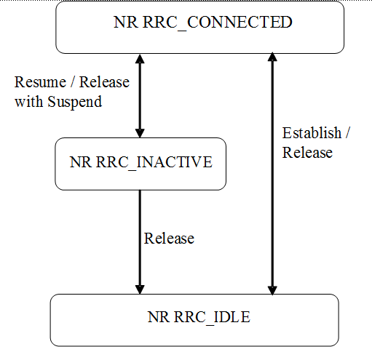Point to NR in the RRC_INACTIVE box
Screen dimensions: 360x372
point(80,161)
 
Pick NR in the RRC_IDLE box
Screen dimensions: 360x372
point(158,316)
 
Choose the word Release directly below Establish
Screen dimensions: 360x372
point(307,152)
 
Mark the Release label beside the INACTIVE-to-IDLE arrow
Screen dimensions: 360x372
point(170,238)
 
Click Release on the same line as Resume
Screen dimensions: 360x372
point(103,82)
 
